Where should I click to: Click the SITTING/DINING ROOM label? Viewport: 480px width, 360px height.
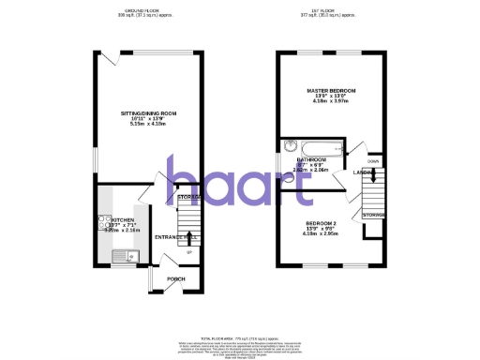[148, 112]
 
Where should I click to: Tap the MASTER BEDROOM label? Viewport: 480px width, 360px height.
[330, 91]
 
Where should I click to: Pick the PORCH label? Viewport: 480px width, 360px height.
[175, 279]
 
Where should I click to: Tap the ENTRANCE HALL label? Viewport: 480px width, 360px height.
[173, 237]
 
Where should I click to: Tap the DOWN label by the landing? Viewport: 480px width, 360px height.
[372, 160]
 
